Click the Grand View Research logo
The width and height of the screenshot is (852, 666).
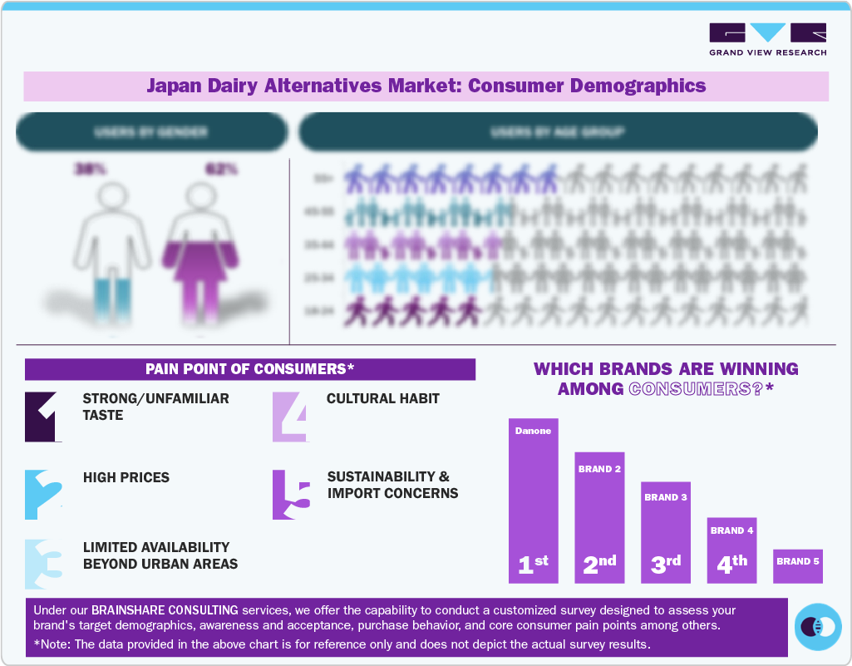767,39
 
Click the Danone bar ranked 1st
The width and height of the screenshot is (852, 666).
533,500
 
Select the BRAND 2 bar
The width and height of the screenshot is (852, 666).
599,516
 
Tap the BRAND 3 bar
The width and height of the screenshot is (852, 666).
666,532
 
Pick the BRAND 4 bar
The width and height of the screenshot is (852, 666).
731,550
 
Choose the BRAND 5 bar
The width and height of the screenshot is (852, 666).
798,565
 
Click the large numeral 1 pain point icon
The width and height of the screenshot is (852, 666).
44,416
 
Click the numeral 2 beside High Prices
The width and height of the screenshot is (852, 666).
44,495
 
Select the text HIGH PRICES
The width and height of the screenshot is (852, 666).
126,478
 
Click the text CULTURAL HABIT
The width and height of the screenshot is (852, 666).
383,399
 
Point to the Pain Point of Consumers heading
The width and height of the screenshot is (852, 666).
249,369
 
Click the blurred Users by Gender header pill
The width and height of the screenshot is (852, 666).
151,132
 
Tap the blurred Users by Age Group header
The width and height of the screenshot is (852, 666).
558,132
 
